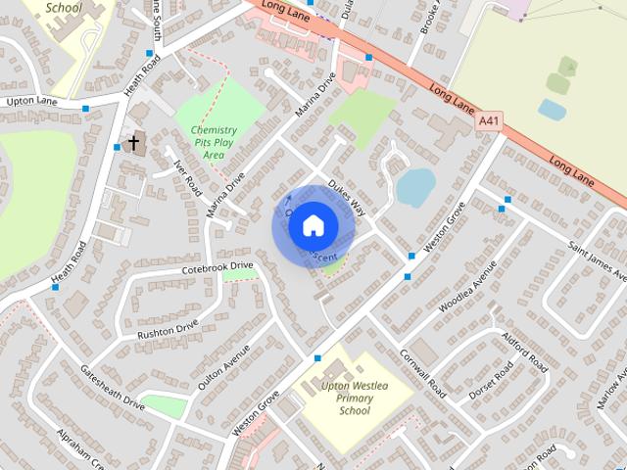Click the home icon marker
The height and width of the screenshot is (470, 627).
[x=313, y=226]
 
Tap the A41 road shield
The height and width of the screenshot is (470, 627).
[x=489, y=121]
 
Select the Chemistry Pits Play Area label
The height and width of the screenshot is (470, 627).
[x=214, y=142]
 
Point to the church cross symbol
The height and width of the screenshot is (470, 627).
[x=133, y=144]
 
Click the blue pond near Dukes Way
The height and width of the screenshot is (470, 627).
[x=415, y=186]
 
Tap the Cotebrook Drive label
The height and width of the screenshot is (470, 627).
[x=217, y=266]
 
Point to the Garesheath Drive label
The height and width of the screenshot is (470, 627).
[x=112, y=387]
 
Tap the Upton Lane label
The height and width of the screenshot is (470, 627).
[x=32, y=101]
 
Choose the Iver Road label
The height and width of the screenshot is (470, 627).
[x=187, y=176]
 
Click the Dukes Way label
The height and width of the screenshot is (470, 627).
[x=347, y=197]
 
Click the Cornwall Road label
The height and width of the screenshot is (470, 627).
[x=423, y=374]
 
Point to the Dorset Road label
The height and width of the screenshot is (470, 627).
[x=491, y=382]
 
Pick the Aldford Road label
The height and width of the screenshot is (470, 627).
[x=524, y=350]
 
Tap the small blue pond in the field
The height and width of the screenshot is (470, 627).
[x=552, y=110]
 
